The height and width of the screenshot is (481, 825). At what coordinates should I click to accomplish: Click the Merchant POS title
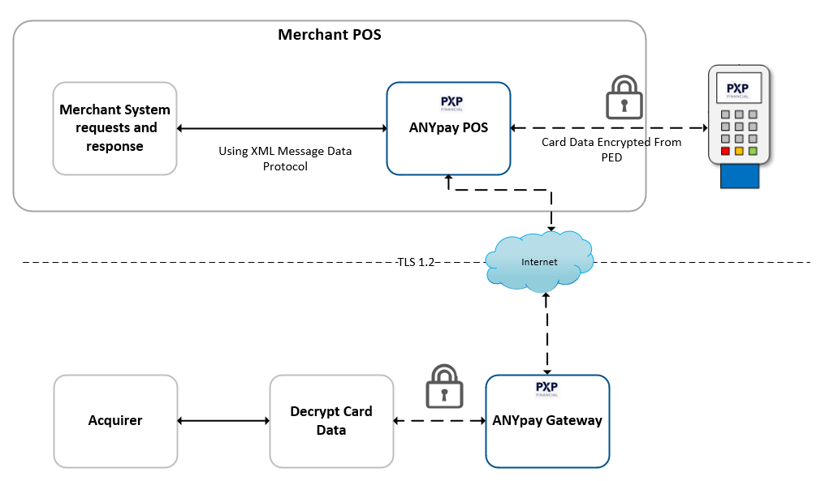329,35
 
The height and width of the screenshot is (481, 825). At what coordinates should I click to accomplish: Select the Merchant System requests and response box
114,128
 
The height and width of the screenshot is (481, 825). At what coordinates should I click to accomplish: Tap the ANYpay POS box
448,128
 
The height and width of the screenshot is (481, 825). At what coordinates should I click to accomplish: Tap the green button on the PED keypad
753,151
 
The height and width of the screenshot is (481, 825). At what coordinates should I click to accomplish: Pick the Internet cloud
539,260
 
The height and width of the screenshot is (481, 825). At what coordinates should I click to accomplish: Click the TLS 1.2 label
417,262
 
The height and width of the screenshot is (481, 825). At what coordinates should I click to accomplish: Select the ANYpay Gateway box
546,421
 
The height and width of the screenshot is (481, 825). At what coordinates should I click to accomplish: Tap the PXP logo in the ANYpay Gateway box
546,389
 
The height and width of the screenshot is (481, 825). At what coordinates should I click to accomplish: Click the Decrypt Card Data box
331,421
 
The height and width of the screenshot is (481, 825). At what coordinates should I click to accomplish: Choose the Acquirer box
115,421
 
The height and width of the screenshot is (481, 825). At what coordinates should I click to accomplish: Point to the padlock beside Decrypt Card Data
444,386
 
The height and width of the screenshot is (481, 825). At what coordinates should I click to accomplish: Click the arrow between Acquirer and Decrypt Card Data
223,421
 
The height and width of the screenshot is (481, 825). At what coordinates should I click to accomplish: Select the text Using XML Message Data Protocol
285,158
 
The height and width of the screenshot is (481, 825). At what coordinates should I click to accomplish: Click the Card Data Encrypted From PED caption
611,148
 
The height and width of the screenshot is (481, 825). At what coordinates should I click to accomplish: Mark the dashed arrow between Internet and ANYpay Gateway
546,333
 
